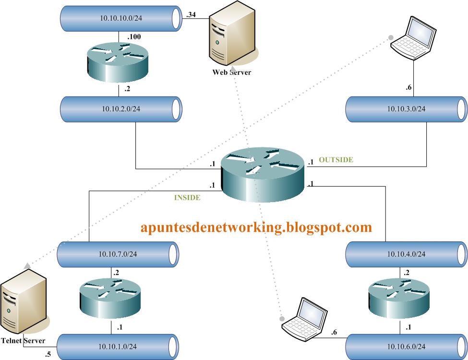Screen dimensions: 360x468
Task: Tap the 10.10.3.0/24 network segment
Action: pos(406,108)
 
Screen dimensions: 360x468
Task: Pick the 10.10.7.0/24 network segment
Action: pos(118,254)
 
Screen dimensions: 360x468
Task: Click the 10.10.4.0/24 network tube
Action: pos(406,254)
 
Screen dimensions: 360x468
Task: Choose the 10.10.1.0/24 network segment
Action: pos(118,346)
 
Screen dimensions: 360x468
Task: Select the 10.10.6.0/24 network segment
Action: pos(406,346)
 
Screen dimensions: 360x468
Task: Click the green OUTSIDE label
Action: pos(336,160)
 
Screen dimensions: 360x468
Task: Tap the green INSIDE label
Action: pos(187,197)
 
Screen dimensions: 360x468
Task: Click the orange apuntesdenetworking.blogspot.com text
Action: pos(256,227)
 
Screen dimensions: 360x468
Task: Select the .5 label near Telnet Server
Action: pos(48,355)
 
